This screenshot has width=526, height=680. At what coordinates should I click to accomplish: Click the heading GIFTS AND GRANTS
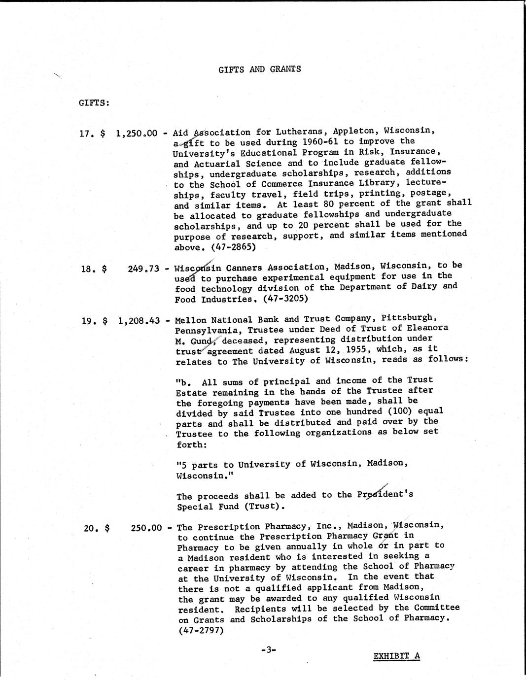[x=259, y=69]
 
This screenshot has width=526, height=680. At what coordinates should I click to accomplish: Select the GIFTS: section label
[x=94, y=103]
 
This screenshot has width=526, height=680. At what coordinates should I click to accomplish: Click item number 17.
[x=86, y=133]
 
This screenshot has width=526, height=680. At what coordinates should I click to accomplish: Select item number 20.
[x=91, y=528]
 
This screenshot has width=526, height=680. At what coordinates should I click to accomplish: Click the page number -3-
[x=268, y=650]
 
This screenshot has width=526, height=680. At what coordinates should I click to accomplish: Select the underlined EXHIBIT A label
[x=396, y=656]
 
